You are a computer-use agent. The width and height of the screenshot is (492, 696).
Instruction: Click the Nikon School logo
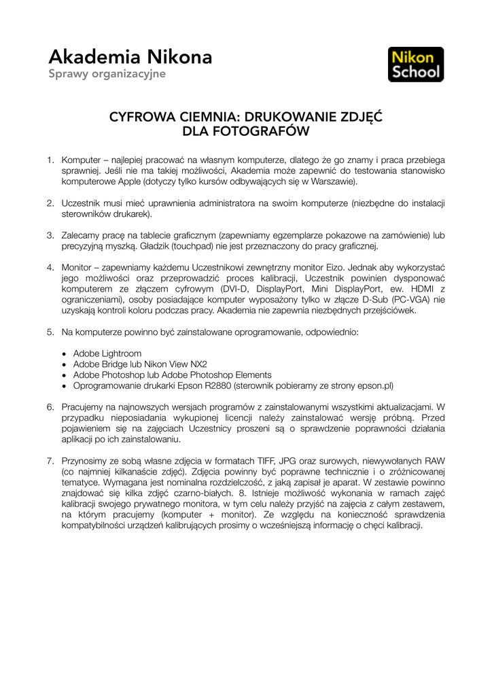pos(415,65)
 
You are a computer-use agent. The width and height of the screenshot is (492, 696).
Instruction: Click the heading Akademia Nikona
pos(130,57)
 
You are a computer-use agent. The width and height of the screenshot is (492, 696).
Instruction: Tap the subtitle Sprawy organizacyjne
pos(107,73)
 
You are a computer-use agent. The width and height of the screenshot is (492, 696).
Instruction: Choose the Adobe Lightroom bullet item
pos(107,353)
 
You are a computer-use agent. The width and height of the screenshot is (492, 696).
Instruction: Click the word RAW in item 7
pos(435,461)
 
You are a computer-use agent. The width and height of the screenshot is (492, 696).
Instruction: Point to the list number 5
pos(50,332)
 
